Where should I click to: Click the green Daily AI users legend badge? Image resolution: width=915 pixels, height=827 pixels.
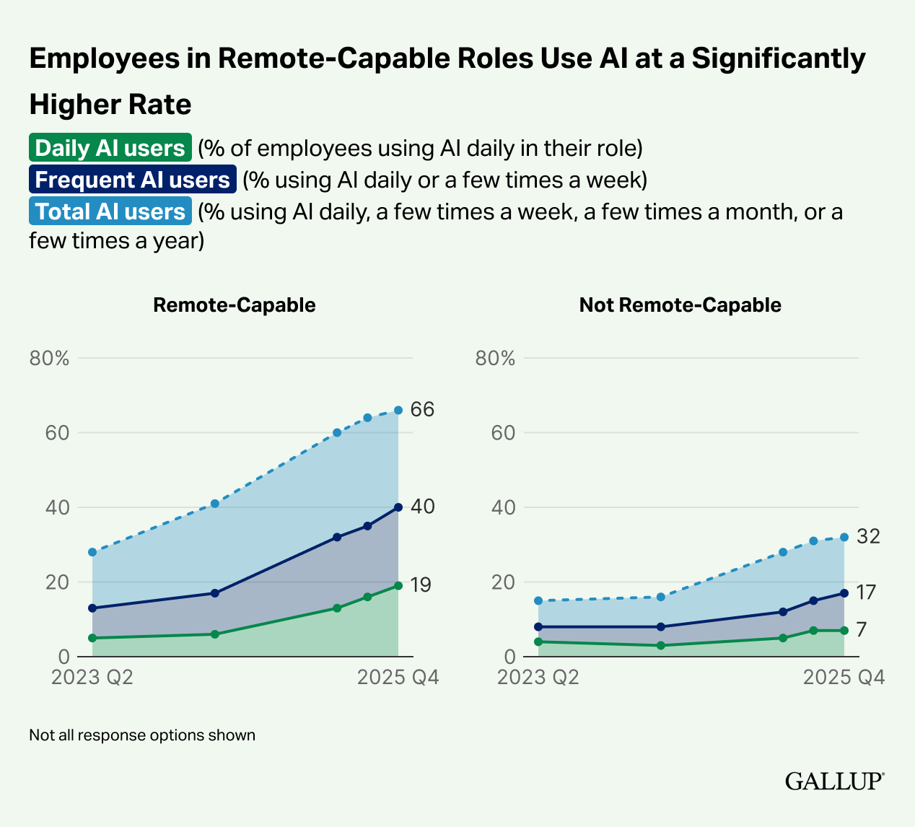(110, 148)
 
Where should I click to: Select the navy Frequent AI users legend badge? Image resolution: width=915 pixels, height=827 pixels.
(133, 180)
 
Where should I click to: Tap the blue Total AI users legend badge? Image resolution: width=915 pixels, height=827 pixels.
(110, 211)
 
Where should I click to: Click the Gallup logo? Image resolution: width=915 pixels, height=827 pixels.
(834, 781)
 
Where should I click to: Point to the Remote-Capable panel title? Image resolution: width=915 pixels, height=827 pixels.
(235, 305)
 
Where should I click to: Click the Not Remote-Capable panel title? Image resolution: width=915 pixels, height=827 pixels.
(680, 305)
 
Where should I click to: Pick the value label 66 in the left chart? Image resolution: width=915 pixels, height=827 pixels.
(422, 410)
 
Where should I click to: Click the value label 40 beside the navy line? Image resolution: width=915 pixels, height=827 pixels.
(422, 507)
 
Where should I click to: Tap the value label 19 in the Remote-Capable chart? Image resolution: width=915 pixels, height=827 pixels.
(421, 585)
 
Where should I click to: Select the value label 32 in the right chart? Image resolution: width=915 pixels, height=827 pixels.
(868, 536)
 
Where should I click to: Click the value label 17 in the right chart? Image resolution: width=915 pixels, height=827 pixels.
(866, 592)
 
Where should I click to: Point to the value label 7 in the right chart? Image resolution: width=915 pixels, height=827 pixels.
(862, 630)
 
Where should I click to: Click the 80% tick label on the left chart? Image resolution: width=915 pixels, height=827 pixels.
(49, 358)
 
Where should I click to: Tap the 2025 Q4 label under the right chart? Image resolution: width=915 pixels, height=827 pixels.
(844, 678)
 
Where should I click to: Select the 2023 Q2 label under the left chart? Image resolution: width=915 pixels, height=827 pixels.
(92, 678)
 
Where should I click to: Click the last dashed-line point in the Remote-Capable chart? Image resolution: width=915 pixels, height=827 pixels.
(398, 410)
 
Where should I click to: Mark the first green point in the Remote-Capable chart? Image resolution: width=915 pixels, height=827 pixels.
(92, 638)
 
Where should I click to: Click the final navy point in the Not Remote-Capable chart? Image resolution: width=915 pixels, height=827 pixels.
(844, 593)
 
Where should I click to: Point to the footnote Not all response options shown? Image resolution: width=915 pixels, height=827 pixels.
(142, 735)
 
